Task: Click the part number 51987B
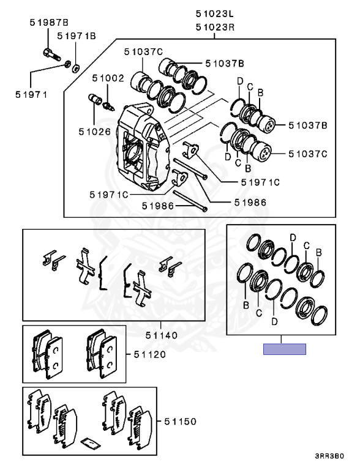click(x=49, y=23)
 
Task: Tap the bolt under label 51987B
click(x=52, y=54)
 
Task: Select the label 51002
click(x=108, y=78)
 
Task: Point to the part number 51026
click(x=95, y=132)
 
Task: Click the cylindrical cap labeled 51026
click(x=96, y=99)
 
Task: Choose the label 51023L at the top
click(x=214, y=13)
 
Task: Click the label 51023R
click(x=215, y=28)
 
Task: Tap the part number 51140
click(x=162, y=335)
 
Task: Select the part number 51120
click(x=150, y=354)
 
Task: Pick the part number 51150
click(x=180, y=422)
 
